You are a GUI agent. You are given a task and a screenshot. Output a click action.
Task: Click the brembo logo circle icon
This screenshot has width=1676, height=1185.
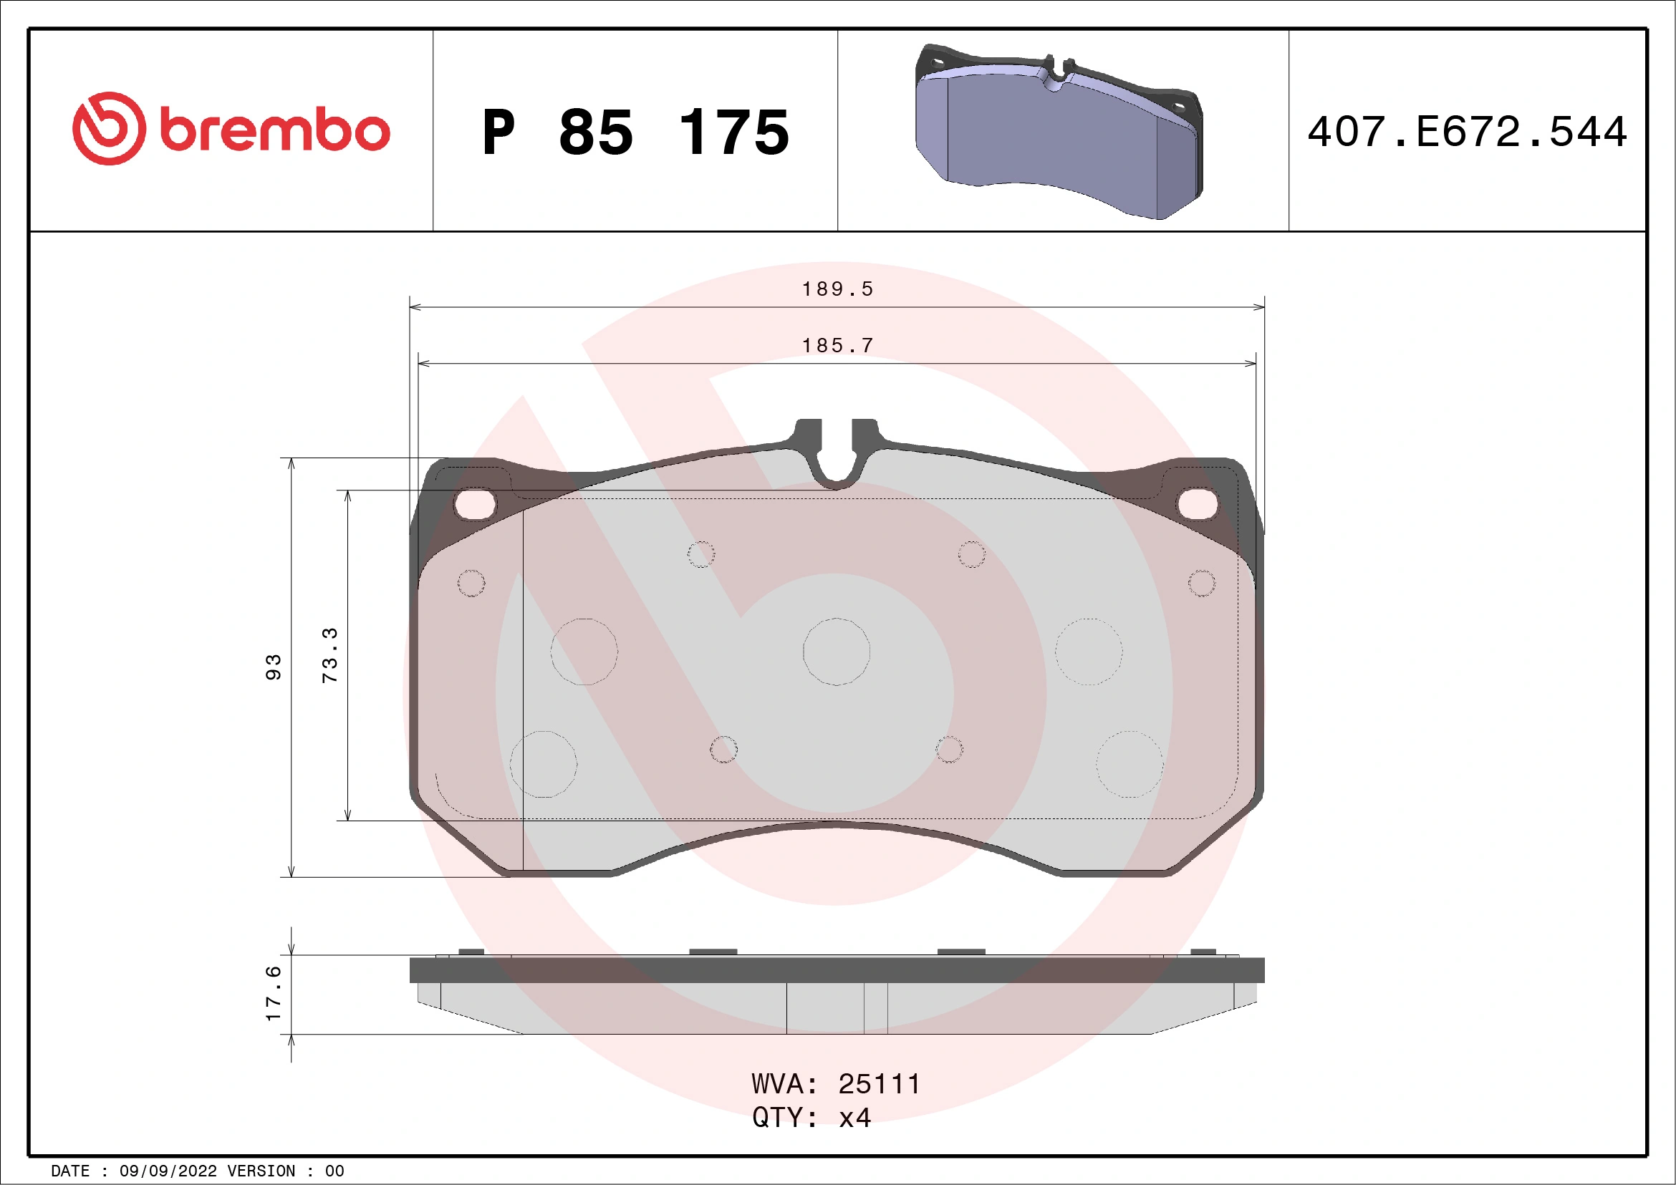pyautogui.click(x=109, y=128)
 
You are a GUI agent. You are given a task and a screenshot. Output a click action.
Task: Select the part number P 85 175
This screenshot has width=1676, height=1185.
pyautogui.click(x=635, y=132)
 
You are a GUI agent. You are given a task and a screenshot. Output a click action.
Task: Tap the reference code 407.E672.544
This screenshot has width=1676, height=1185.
pyautogui.click(x=1468, y=132)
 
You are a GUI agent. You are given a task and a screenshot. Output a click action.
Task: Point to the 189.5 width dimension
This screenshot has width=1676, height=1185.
pyautogui.click(x=837, y=290)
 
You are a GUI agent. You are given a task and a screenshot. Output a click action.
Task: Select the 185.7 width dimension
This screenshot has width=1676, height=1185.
pyautogui.click(x=837, y=346)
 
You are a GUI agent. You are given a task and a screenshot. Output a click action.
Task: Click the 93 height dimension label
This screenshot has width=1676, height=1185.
pyautogui.click(x=273, y=667)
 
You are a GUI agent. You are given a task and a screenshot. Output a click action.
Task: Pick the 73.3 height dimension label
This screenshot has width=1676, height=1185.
pyautogui.click(x=330, y=654)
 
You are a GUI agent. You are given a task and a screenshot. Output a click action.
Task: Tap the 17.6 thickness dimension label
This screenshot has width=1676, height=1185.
pyautogui.click(x=273, y=992)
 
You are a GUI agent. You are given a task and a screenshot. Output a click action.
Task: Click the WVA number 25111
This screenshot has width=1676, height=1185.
pyautogui.click(x=879, y=1084)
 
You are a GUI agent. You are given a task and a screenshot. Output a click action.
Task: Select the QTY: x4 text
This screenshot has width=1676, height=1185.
pyautogui.click(x=811, y=1118)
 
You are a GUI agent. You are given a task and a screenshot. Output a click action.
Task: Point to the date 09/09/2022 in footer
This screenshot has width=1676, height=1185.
pyautogui.click(x=168, y=1171)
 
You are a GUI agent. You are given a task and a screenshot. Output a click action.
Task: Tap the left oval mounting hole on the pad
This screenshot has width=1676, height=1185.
pyautogui.click(x=474, y=503)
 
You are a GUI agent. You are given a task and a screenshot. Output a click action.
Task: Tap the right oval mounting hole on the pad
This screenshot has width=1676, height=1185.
pyautogui.click(x=1198, y=503)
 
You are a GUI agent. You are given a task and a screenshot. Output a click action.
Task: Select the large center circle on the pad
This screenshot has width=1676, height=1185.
pyautogui.click(x=836, y=652)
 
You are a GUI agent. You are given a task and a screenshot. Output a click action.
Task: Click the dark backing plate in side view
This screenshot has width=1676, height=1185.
pyautogui.click(x=837, y=970)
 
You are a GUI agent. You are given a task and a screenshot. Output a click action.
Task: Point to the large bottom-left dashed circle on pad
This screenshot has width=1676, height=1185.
pyautogui.click(x=543, y=764)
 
